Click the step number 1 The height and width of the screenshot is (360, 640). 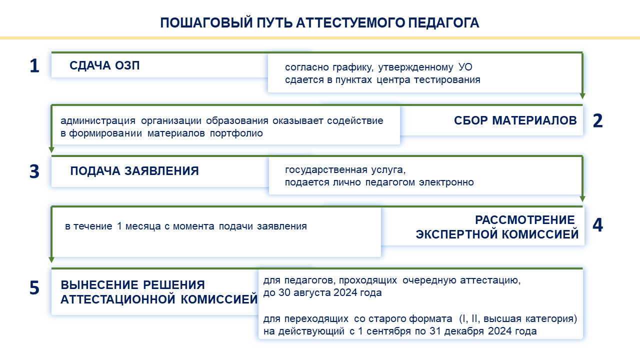[34, 65]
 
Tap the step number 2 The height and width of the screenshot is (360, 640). [597, 120]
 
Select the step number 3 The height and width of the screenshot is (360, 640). [34, 171]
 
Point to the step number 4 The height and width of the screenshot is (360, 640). [597, 225]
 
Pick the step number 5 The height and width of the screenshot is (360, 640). [34, 287]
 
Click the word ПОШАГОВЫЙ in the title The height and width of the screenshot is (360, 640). [206, 23]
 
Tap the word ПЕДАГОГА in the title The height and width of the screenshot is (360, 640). [443, 23]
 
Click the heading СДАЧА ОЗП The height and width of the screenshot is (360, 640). [104, 65]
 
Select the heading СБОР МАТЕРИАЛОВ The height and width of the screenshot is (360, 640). [515, 120]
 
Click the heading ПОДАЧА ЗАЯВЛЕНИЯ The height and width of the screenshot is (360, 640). [134, 171]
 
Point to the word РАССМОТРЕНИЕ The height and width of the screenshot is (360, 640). [525, 220]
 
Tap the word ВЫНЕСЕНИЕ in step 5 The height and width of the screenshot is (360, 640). [99, 285]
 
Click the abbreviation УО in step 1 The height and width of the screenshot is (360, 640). [465, 67]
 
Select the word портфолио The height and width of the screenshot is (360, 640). [236, 133]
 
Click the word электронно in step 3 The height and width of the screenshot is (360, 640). [446, 182]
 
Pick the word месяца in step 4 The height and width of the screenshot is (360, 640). [143, 226]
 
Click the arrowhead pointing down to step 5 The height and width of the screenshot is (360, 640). [51, 259]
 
